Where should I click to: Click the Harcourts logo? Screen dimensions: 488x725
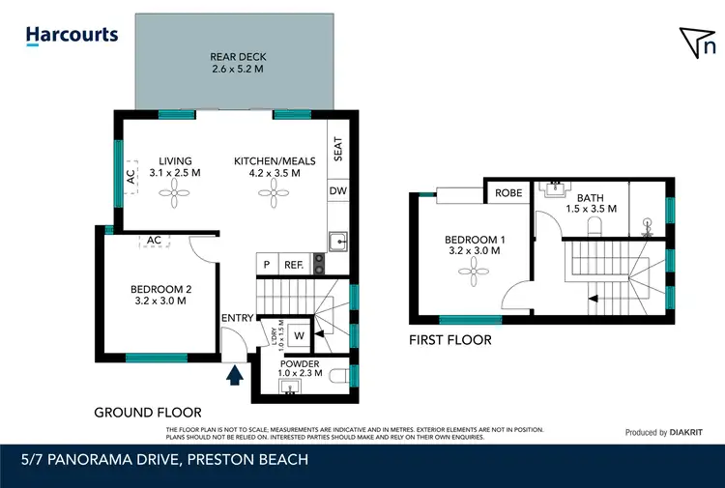(x=72, y=36)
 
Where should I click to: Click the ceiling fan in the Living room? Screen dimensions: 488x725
(x=175, y=196)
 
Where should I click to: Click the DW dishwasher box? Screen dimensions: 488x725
(x=337, y=191)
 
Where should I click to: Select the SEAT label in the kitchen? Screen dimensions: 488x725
(x=337, y=149)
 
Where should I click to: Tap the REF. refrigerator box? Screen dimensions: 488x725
(x=293, y=264)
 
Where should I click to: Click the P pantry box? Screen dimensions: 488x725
(x=266, y=264)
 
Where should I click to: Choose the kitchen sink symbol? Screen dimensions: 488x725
(x=337, y=242)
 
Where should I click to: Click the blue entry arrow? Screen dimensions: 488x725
(x=234, y=373)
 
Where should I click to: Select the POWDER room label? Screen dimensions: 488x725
(x=299, y=364)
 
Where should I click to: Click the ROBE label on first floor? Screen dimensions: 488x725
(x=508, y=193)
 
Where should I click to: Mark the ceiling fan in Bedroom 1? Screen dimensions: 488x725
(x=472, y=273)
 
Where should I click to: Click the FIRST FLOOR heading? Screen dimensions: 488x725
(x=449, y=340)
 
